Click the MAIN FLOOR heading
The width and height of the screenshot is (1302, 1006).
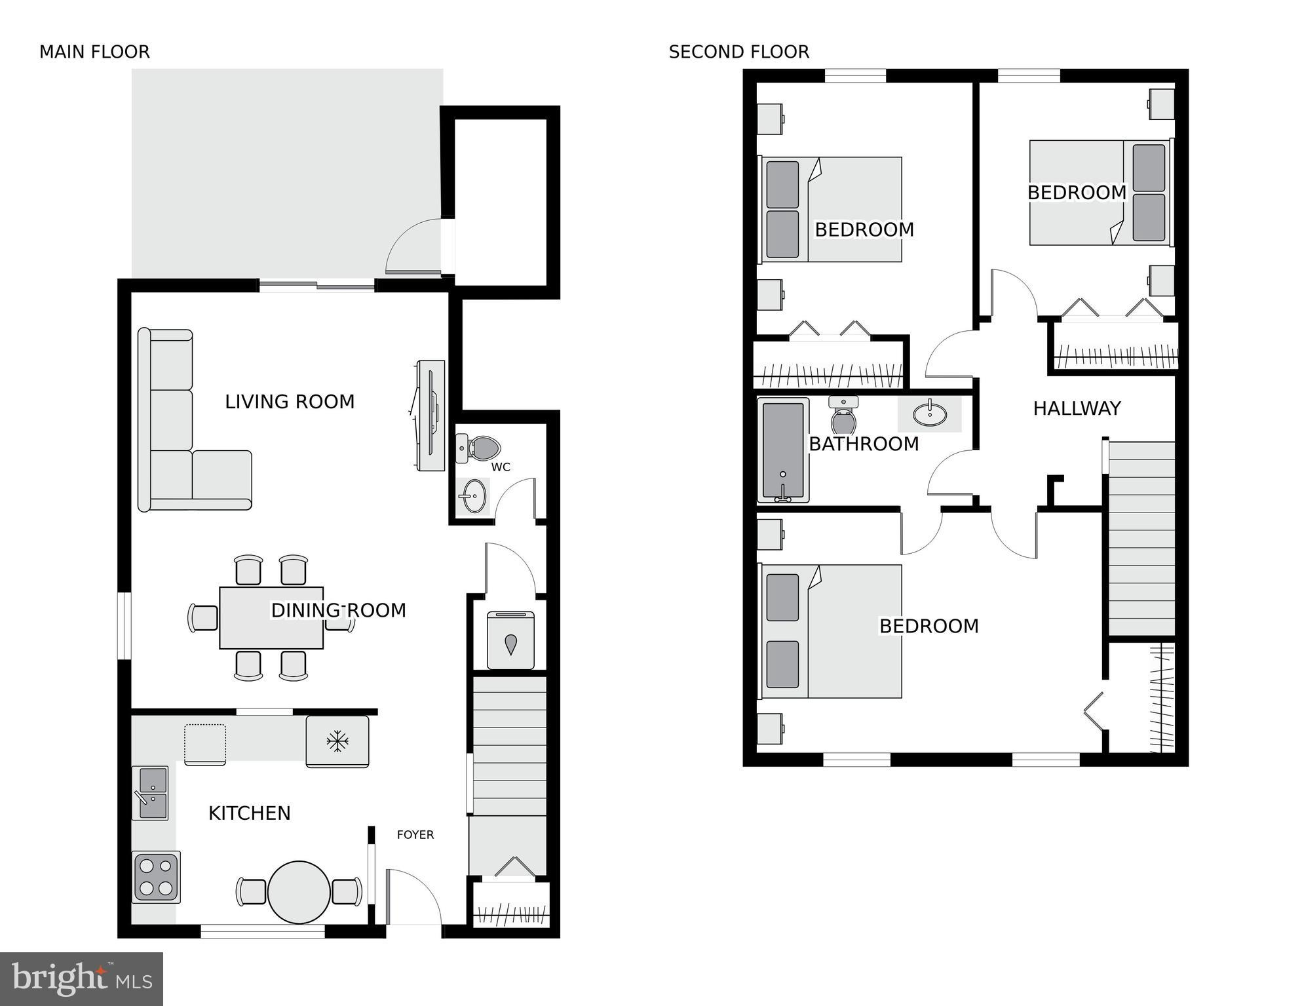[94, 52]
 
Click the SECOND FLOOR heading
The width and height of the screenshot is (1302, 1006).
[738, 52]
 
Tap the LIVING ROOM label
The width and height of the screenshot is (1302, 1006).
[290, 402]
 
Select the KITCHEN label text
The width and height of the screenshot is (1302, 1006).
[249, 813]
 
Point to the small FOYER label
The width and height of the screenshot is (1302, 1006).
[415, 834]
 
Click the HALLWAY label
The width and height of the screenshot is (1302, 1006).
[1077, 408]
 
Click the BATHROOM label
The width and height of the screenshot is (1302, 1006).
[864, 444]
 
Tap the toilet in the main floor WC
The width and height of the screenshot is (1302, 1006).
[481, 448]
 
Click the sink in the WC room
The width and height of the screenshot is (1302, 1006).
[472, 496]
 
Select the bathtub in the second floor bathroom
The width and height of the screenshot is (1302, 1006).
[783, 450]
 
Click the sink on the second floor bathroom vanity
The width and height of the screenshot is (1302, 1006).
[929, 414]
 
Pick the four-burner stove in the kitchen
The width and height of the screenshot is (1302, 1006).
[156, 877]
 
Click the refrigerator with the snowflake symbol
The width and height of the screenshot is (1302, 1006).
[337, 741]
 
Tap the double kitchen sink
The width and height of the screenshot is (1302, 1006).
[151, 793]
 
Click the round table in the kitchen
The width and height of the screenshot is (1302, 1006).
[299, 892]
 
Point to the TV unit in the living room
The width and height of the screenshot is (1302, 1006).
[431, 415]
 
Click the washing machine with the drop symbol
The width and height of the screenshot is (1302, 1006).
[510, 640]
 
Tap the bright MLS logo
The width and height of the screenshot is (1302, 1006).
[81, 978]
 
